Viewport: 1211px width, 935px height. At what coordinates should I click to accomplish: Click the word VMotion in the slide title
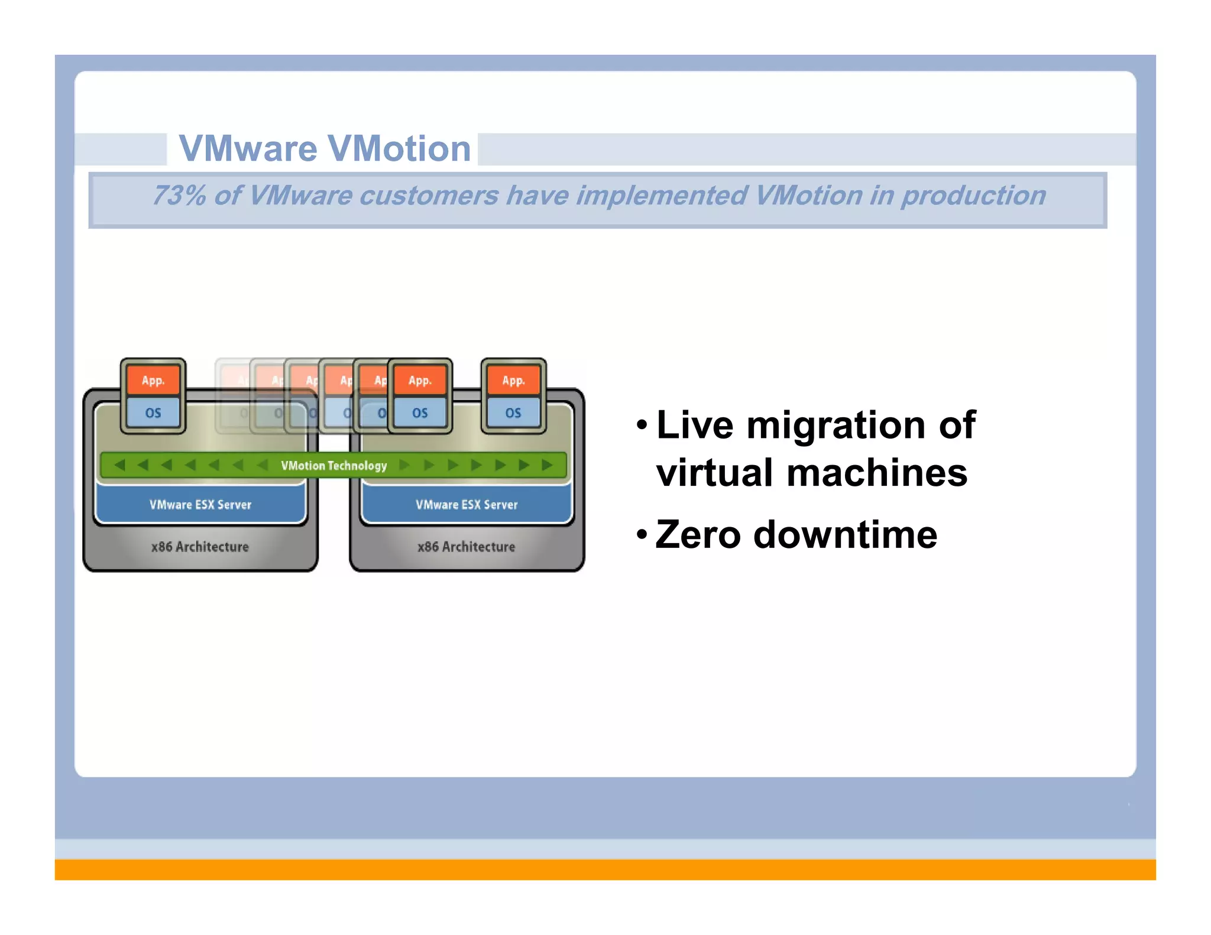(x=399, y=148)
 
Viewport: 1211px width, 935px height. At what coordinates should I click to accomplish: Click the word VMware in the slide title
(x=248, y=148)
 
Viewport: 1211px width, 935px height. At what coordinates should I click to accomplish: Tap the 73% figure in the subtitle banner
(x=178, y=196)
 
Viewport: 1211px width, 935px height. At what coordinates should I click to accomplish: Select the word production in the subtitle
(x=973, y=196)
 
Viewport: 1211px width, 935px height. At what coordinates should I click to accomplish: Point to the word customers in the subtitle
(x=429, y=196)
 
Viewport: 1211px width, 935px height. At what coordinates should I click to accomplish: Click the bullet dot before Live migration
(x=642, y=425)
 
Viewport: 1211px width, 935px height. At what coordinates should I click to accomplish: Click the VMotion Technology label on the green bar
(x=333, y=466)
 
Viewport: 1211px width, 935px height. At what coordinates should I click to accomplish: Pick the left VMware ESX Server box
(x=200, y=505)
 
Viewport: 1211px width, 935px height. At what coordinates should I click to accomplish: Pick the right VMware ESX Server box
(x=467, y=505)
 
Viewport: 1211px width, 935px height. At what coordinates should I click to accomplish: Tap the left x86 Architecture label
(x=200, y=547)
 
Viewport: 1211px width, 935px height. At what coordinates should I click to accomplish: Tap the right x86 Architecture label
(x=466, y=547)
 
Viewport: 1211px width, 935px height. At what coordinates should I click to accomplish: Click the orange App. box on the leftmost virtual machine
(x=153, y=381)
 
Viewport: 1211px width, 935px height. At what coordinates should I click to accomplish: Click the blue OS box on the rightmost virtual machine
(x=513, y=413)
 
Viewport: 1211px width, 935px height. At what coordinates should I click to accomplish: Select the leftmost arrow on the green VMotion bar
(x=119, y=465)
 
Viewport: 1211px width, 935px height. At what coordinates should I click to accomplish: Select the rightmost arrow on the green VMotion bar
(x=547, y=465)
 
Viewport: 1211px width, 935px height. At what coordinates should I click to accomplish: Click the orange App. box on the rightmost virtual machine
(x=513, y=381)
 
